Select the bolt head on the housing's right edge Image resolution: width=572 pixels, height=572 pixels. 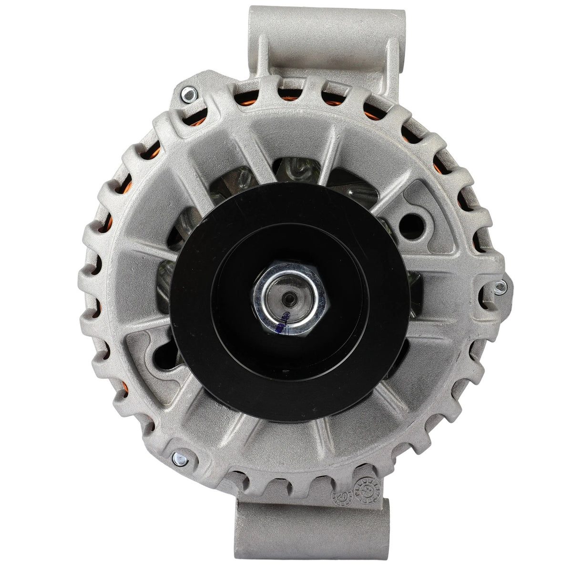click(498, 286)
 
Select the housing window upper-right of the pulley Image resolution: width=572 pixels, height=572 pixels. click(355, 186)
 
